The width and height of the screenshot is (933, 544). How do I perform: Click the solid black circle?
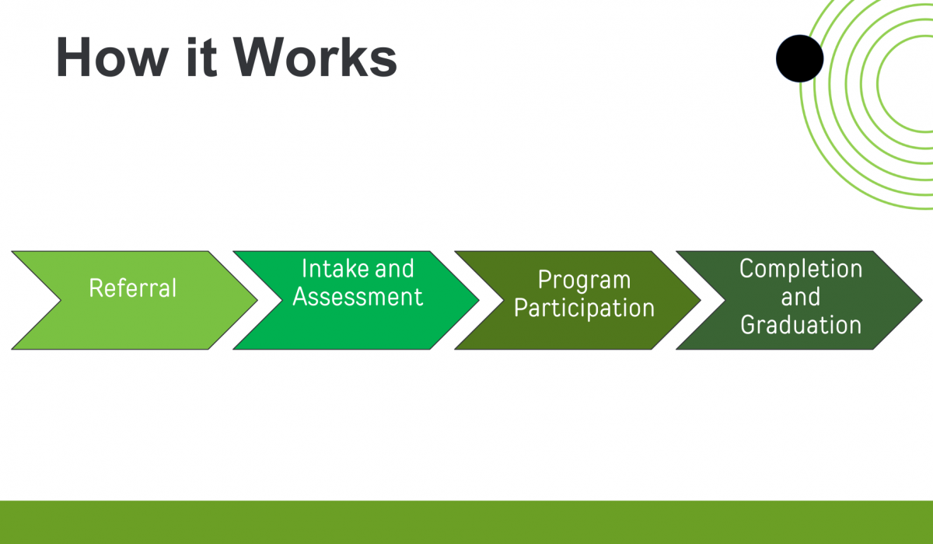pos(799,58)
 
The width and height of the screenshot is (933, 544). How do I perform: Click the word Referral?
pos(133,288)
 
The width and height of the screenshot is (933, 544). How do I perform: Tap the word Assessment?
pos(358,298)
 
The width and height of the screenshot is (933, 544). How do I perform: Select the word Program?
pos(584,281)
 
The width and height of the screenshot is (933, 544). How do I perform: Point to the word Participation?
pos(584,309)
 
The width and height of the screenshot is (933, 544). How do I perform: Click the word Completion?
pos(801,270)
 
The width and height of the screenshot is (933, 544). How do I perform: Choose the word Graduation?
pos(801,325)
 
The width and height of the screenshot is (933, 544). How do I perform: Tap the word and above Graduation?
pos(801,298)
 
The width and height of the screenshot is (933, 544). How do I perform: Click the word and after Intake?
pos(395,270)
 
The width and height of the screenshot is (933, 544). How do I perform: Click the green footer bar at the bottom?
pos(466,522)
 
